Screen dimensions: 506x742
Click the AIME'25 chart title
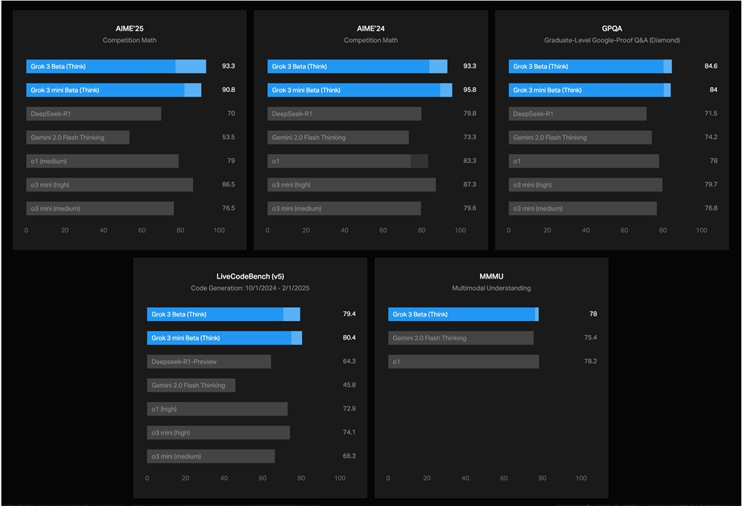coord(129,28)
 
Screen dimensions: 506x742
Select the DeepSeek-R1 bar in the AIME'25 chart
coord(93,114)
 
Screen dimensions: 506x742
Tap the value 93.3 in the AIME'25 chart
coord(229,66)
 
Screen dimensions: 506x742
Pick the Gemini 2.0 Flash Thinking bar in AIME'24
coord(338,137)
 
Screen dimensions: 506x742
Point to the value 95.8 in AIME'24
coord(470,90)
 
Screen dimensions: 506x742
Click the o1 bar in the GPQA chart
coord(583,161)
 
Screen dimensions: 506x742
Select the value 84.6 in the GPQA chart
coord(711,66)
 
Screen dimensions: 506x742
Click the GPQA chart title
coord(611,28)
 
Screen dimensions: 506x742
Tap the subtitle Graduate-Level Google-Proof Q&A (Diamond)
coord(611,40)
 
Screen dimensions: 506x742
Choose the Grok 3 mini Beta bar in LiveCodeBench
coord(224,338)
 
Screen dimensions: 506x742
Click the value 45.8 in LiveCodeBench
coord(349,385)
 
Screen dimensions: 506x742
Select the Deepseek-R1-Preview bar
coord(209,362)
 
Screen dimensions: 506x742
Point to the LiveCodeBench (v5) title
coord(250,276)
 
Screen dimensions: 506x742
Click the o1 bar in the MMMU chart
coord(463,362)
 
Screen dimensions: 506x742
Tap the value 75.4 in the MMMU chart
coord(591,337)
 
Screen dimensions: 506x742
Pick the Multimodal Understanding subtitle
coord(491,288)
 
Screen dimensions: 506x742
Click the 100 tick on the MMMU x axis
coord(581,479)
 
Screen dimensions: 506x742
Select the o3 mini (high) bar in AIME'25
coord(109,185)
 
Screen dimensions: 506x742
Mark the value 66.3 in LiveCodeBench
coord(349,456)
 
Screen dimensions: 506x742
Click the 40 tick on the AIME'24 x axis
coord(344,230)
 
